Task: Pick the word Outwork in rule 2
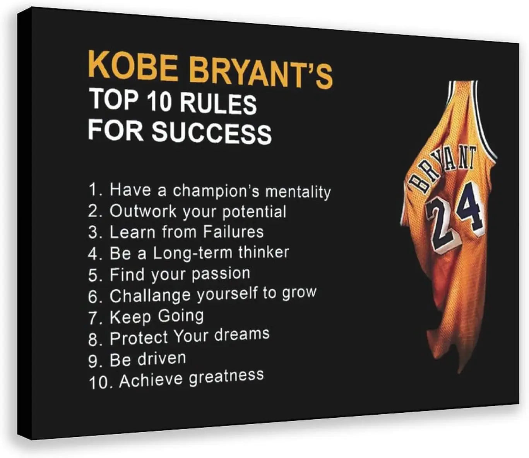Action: tap(143, 211)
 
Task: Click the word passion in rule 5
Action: tap(221, 274)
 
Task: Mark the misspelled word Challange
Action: tap(150, 296)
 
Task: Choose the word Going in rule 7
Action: tap(181, 316)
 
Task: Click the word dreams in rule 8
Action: tap(242, 334)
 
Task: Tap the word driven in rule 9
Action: tap(162, 358)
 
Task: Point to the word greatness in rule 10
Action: tap(226, 377)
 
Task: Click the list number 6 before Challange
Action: tap(92, 297)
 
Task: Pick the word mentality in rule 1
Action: tap(298, 192)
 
